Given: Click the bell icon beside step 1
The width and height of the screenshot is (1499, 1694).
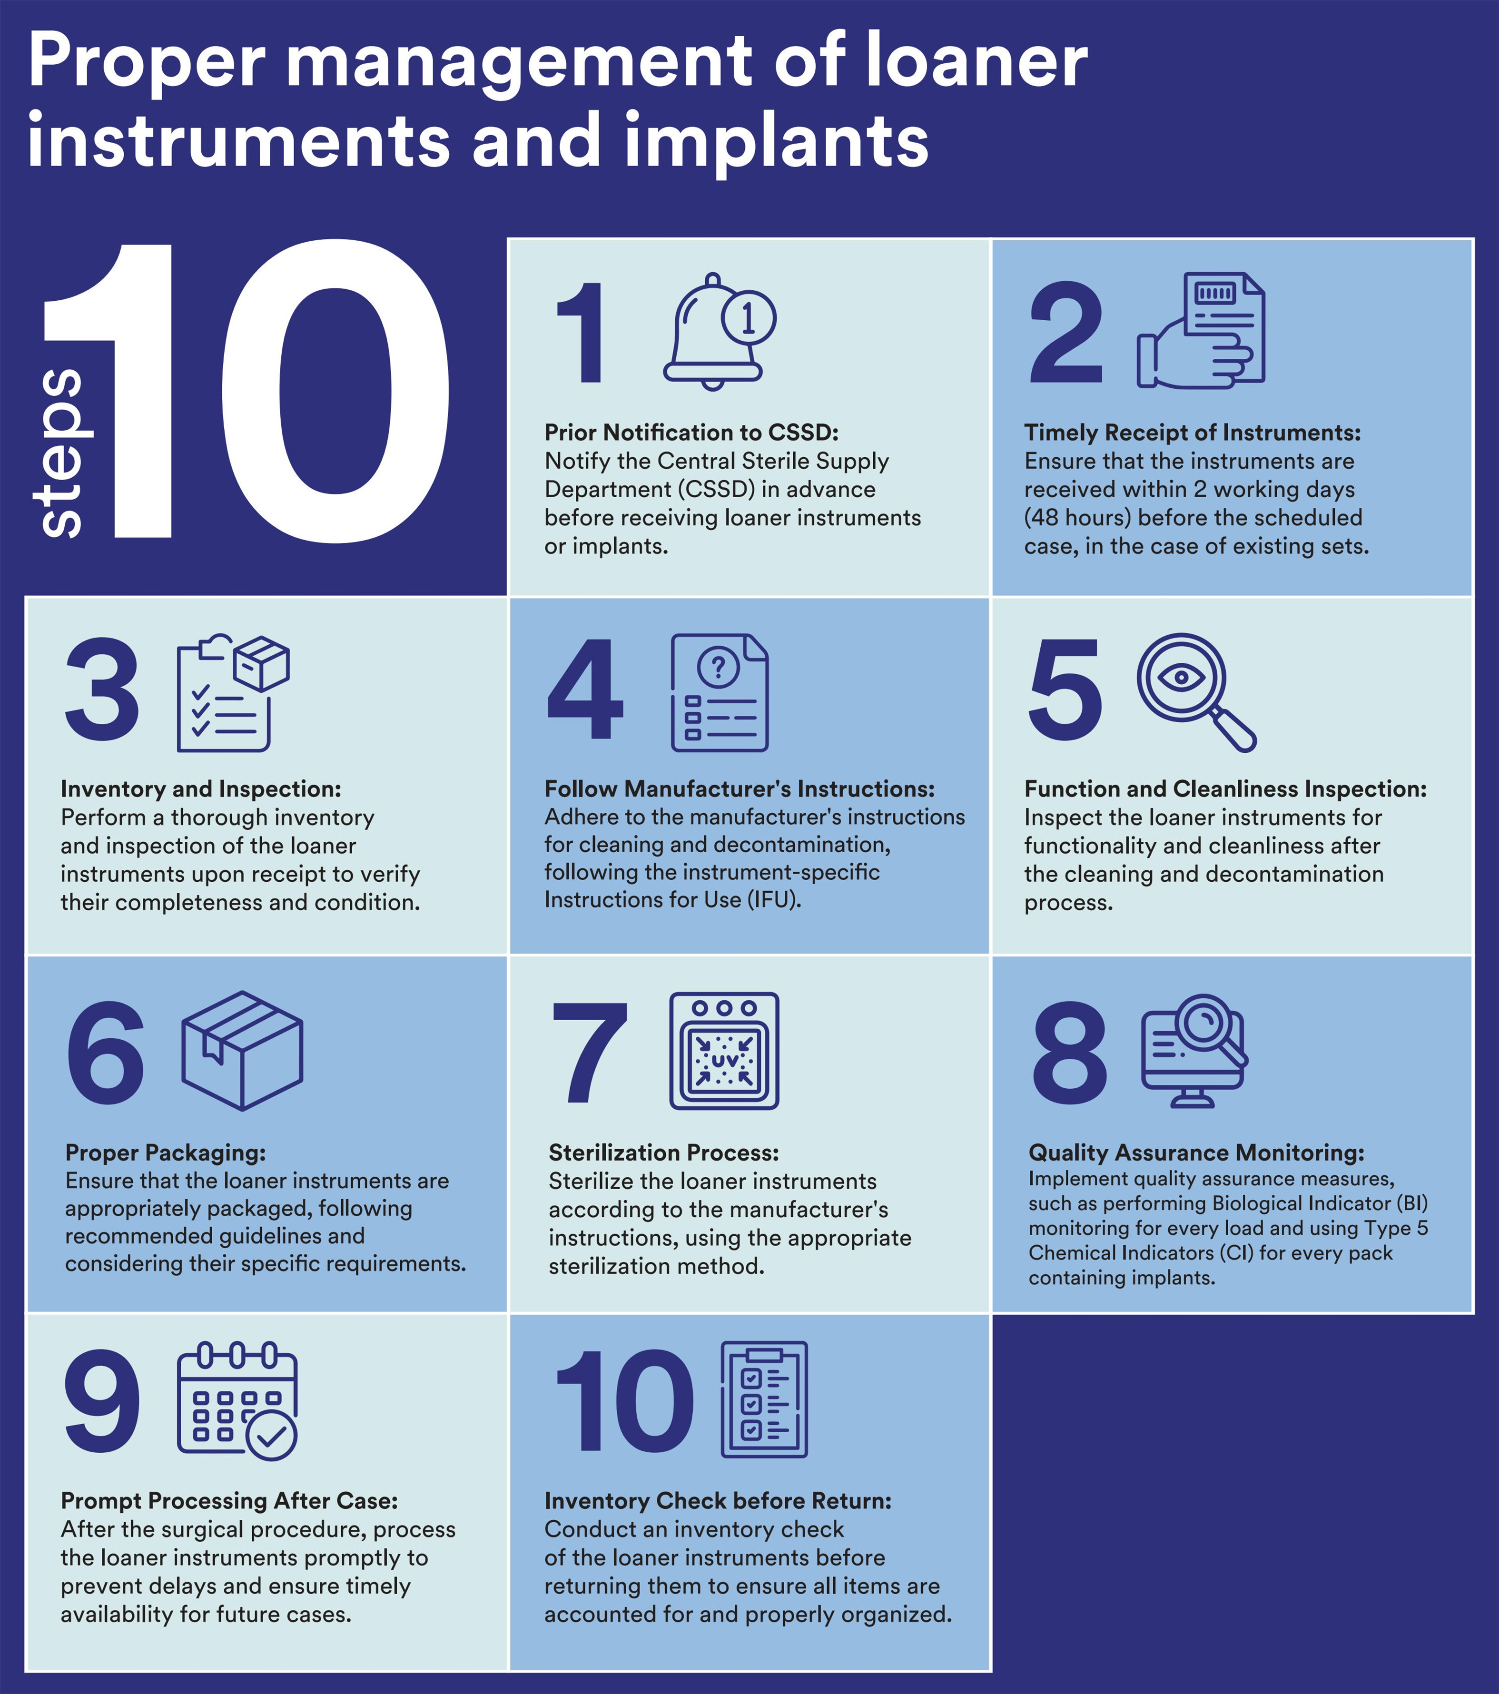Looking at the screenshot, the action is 719,332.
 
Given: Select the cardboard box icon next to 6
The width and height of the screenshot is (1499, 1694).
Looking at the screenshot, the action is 242,1050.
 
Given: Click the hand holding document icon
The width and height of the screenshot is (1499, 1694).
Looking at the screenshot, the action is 1201,330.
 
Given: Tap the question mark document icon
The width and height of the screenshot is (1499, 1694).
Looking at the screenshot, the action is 719,693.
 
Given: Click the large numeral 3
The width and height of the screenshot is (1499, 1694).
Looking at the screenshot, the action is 102,689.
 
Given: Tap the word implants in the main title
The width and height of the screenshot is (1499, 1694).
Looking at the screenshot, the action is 777,141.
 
